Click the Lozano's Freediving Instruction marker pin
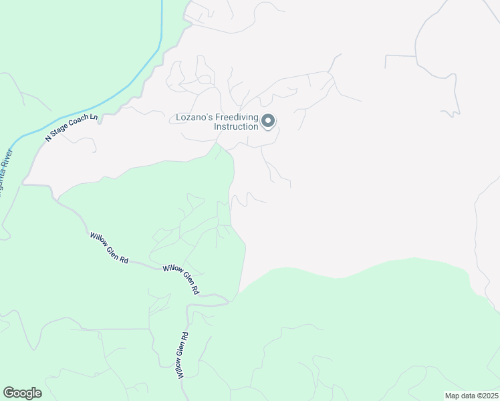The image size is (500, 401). click(x=268, y=121)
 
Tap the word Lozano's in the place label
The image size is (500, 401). click(x=194, y=118)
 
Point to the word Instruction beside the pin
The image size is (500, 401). click(x=235, y=126)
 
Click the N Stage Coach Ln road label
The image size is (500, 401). click(x=71, y=127)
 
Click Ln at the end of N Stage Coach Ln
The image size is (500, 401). click(x=93, y=118)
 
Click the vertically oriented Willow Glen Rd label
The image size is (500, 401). click(x=182, y=356)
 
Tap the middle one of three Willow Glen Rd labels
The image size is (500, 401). click(x=180, y=278)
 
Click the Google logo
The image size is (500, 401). click(x=22, y=393)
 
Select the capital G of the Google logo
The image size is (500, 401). click(x=9, y=392)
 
